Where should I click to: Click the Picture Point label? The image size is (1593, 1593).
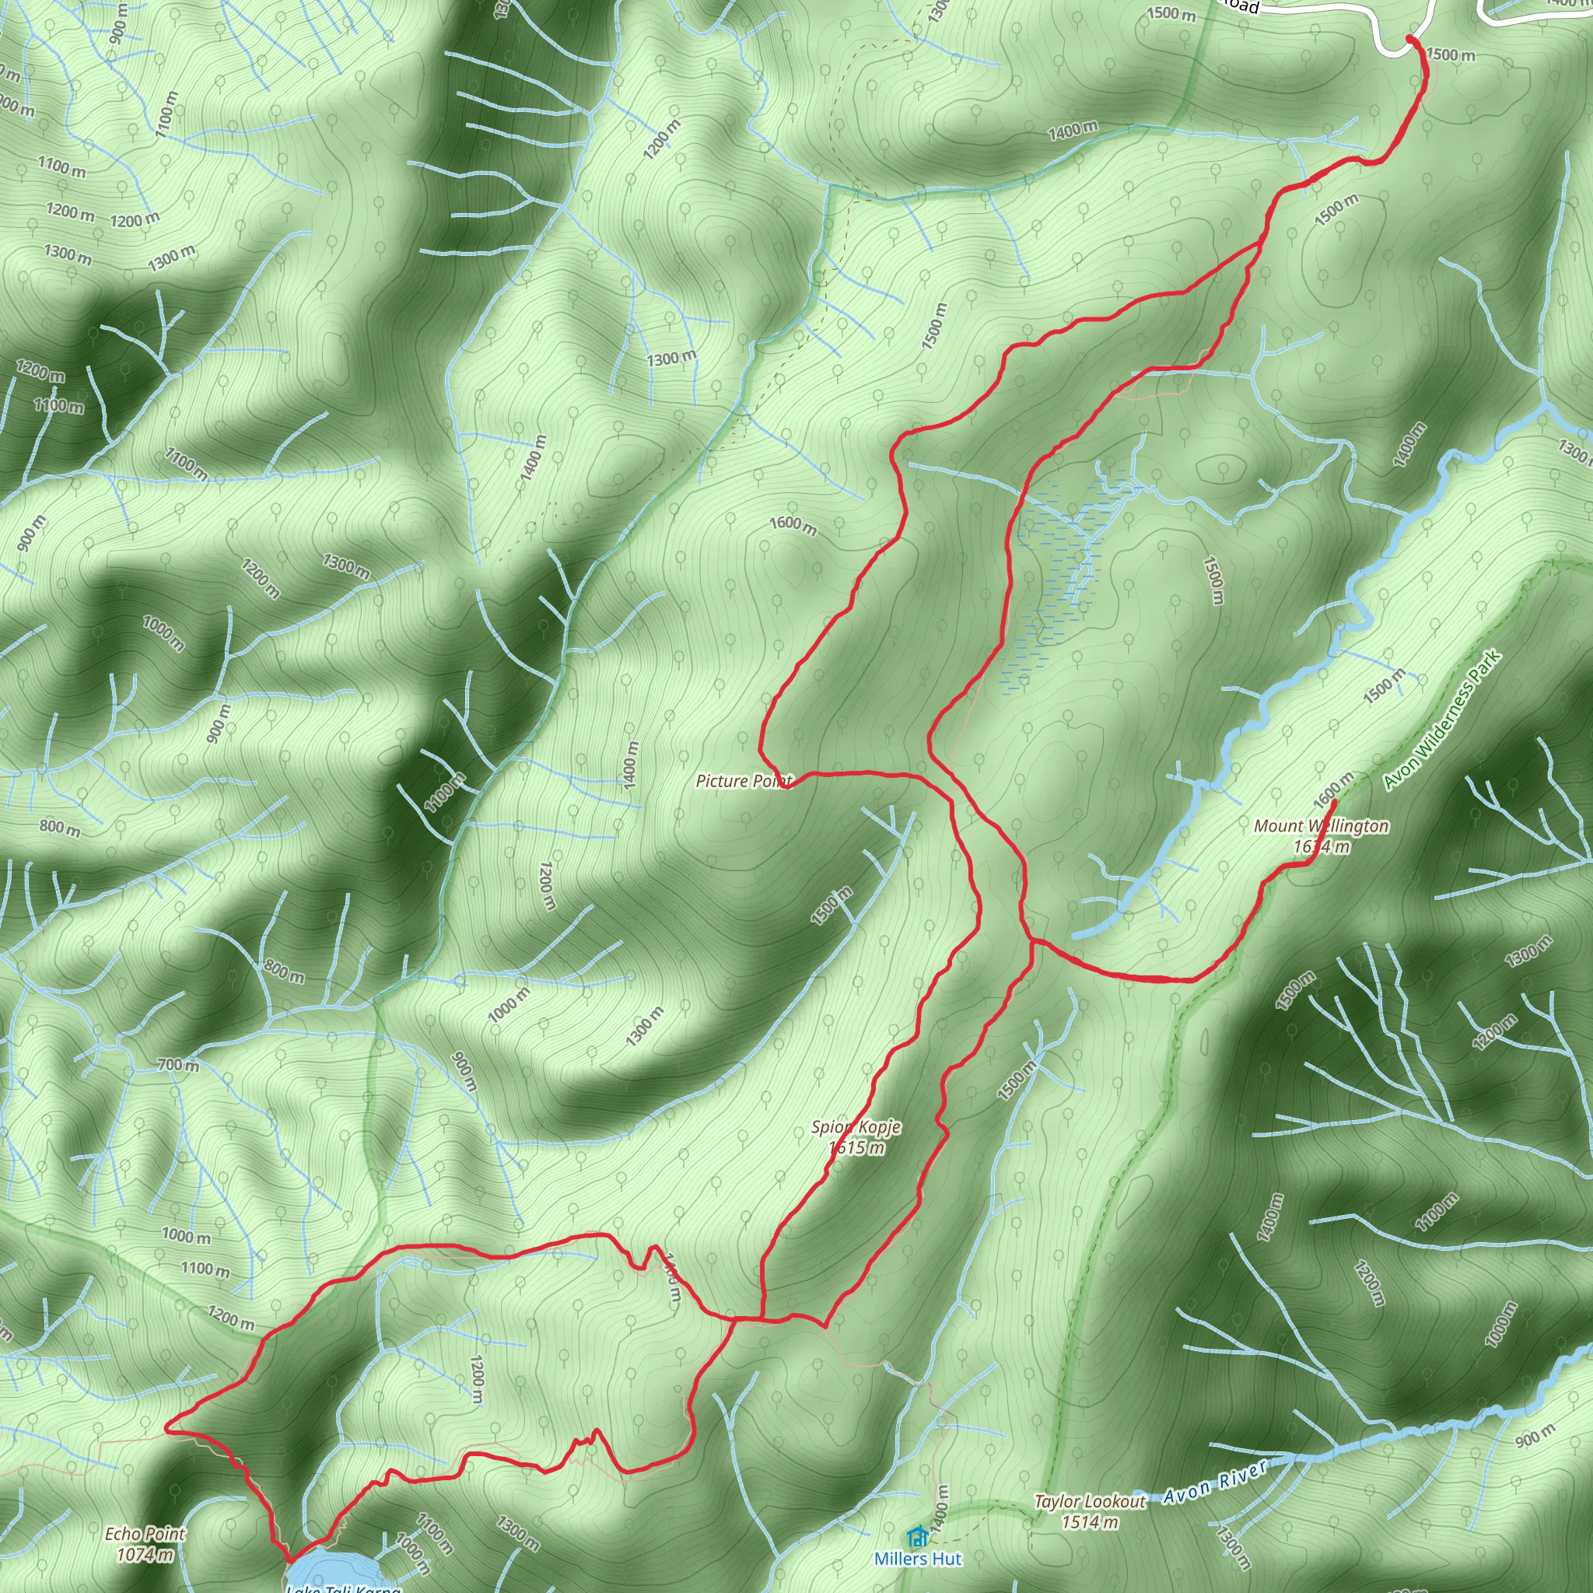(743, 781)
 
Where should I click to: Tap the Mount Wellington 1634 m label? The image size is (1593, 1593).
(1321, 836)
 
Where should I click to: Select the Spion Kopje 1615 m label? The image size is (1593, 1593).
(856, 1137)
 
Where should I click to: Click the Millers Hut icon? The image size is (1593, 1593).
(917, 1536)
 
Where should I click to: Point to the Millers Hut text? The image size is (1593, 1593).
(918, 1558)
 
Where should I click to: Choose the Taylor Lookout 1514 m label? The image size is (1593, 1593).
(1089, 1511)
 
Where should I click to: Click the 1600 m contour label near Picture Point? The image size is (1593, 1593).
(793, 524)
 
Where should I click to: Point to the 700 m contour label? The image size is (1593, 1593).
(178, 1065)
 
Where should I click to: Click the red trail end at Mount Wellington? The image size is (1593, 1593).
(1334, 800)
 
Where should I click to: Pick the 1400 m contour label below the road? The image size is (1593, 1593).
(1073, 129)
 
